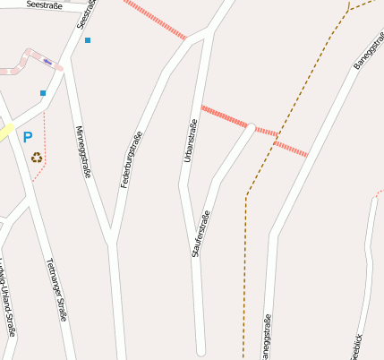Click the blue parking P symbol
[x=28, y=137]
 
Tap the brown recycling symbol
[x=37, y=158]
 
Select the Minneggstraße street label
[x=82, y=152]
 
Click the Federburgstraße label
[x=132, y=159]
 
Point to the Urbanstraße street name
[x=189, y=141]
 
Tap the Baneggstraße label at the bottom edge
[x=265, y=338]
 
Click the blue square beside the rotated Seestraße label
[x=88, y=40]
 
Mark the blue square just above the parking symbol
[x=42, y=93]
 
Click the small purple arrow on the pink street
[x=47, y=61]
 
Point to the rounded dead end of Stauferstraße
[x=252, y=128]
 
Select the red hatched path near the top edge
[x=154, y=19]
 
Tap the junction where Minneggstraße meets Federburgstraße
[x=111, y=240]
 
